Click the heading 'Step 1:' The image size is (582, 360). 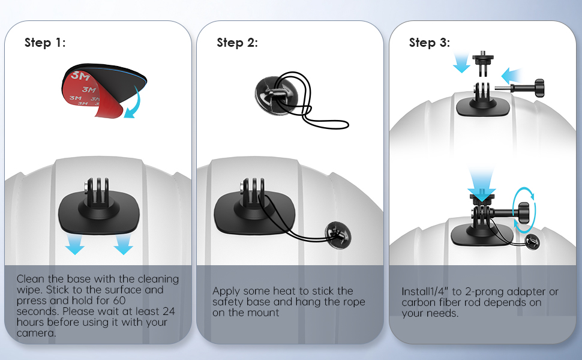point(45,43)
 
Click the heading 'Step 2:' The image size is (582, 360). point(237,43)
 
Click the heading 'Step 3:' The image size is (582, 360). point(430,43)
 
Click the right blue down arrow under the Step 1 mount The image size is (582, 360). point(123,244)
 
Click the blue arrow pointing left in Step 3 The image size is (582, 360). point(512,76)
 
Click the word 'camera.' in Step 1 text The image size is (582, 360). point(37,333)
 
